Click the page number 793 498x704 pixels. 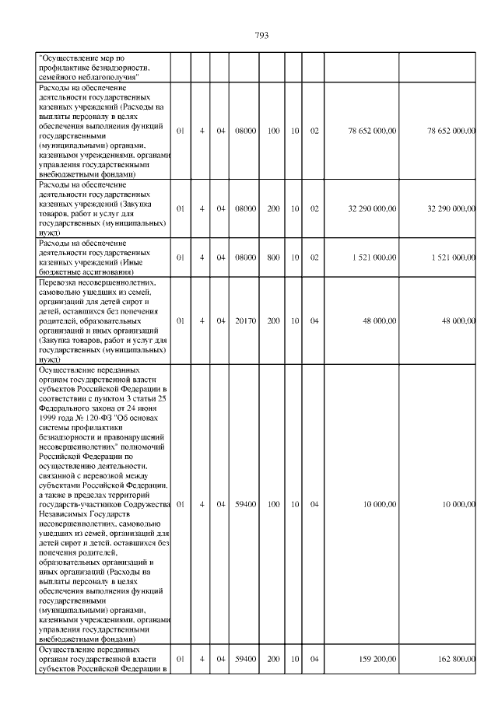click(261, 35)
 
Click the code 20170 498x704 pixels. click(246, 320)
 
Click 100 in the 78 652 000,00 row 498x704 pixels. click(273, 131)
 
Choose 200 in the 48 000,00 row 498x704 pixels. click(273, 320)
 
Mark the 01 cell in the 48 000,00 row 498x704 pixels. click(180, 320)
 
